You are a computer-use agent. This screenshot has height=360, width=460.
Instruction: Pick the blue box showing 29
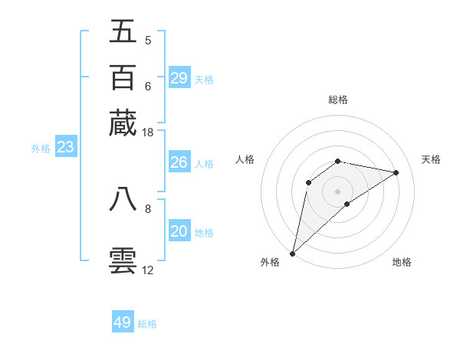coord(179,78)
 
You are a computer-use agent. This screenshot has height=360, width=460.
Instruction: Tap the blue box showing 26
coord(179,162)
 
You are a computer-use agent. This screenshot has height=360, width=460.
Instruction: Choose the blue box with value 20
coord(179,232)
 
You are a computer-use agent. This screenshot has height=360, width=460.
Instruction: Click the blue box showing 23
coord(65,148)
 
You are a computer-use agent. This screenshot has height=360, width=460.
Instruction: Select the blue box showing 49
coord(123,322)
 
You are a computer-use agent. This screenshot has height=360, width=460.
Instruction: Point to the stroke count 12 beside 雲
coord(147,270)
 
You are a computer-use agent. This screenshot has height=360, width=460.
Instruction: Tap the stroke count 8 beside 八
coord(147,208)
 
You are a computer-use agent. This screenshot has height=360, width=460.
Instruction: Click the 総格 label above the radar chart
coord(337,100)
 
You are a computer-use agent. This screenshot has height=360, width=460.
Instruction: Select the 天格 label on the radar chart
coord(431,159)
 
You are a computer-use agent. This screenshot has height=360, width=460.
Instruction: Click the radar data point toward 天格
coord(396,172)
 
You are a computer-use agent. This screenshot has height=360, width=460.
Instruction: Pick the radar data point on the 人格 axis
coord(308,182)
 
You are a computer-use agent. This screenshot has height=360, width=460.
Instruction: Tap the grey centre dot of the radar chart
coord(337,191)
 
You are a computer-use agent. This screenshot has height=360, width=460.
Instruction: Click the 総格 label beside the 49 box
coord(147,324)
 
